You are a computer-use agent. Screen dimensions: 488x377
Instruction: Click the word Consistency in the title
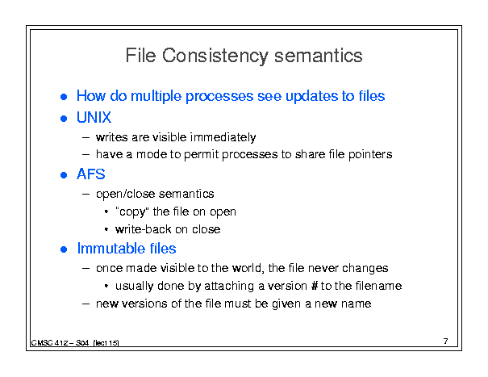(215, 56)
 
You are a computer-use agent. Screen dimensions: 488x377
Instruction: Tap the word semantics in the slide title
(319, 56)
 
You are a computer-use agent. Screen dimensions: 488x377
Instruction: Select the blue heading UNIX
(94, 118)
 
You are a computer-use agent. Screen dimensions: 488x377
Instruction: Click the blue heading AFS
(91, 174)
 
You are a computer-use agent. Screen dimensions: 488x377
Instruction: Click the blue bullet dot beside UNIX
(64, 119)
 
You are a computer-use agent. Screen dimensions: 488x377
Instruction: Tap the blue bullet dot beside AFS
(64, 175)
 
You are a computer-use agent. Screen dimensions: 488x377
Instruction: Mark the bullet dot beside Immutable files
(64, 249)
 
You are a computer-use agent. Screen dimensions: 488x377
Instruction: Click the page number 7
(446, 341)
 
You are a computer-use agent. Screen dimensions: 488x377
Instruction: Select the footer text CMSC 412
(49, 343)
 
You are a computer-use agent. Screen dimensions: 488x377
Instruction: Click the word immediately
(223, 137)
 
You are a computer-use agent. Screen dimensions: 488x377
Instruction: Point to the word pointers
(370, 154)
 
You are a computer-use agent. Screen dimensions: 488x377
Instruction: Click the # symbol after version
(314, 286)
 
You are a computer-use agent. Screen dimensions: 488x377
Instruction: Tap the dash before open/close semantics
(86, 194)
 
